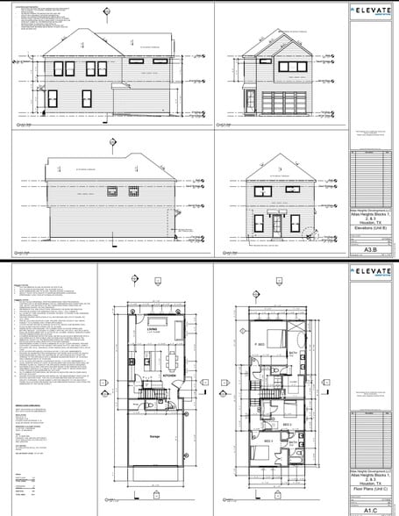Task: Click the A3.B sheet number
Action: pos(371,248)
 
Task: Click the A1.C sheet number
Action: pos(371,507)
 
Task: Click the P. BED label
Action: pos(261,345)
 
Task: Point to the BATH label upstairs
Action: pos(294,355)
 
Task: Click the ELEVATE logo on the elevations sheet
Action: pos(370,11)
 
